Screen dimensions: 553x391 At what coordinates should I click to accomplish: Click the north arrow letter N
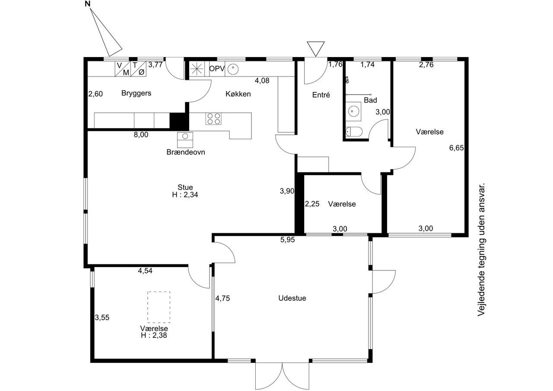pos(87,4)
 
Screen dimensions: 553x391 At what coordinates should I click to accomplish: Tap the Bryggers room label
pos(136,93)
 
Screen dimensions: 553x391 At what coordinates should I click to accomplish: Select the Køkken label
pos(238,94)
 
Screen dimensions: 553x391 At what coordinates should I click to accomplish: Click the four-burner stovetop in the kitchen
pos(213,119)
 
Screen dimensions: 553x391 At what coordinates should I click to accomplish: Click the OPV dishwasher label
pos(217,69)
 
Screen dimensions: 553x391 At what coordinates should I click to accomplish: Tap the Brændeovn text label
pos(186,152)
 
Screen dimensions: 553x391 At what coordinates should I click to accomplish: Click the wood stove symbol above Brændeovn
pos(185,140)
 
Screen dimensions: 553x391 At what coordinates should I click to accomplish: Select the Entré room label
pos(321,95)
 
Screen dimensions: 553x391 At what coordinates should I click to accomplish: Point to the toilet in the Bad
pos(354,132)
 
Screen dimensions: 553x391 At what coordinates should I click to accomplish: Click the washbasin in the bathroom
pos(353,111)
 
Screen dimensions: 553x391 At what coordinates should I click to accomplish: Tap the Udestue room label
pos(292,298)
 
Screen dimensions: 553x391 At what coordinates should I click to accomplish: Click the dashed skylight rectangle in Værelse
pos(159,307)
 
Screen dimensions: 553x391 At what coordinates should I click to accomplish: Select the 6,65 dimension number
pos(457,148)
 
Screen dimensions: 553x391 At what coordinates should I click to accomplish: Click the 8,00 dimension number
pos(141,134)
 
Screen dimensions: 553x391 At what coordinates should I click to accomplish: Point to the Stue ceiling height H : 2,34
pos(185,195)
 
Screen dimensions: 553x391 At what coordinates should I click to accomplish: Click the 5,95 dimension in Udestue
pos(287,240)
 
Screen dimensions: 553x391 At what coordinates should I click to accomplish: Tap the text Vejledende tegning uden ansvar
pos(481,249)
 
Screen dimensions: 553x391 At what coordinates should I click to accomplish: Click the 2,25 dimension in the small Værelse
pos(312,204)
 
